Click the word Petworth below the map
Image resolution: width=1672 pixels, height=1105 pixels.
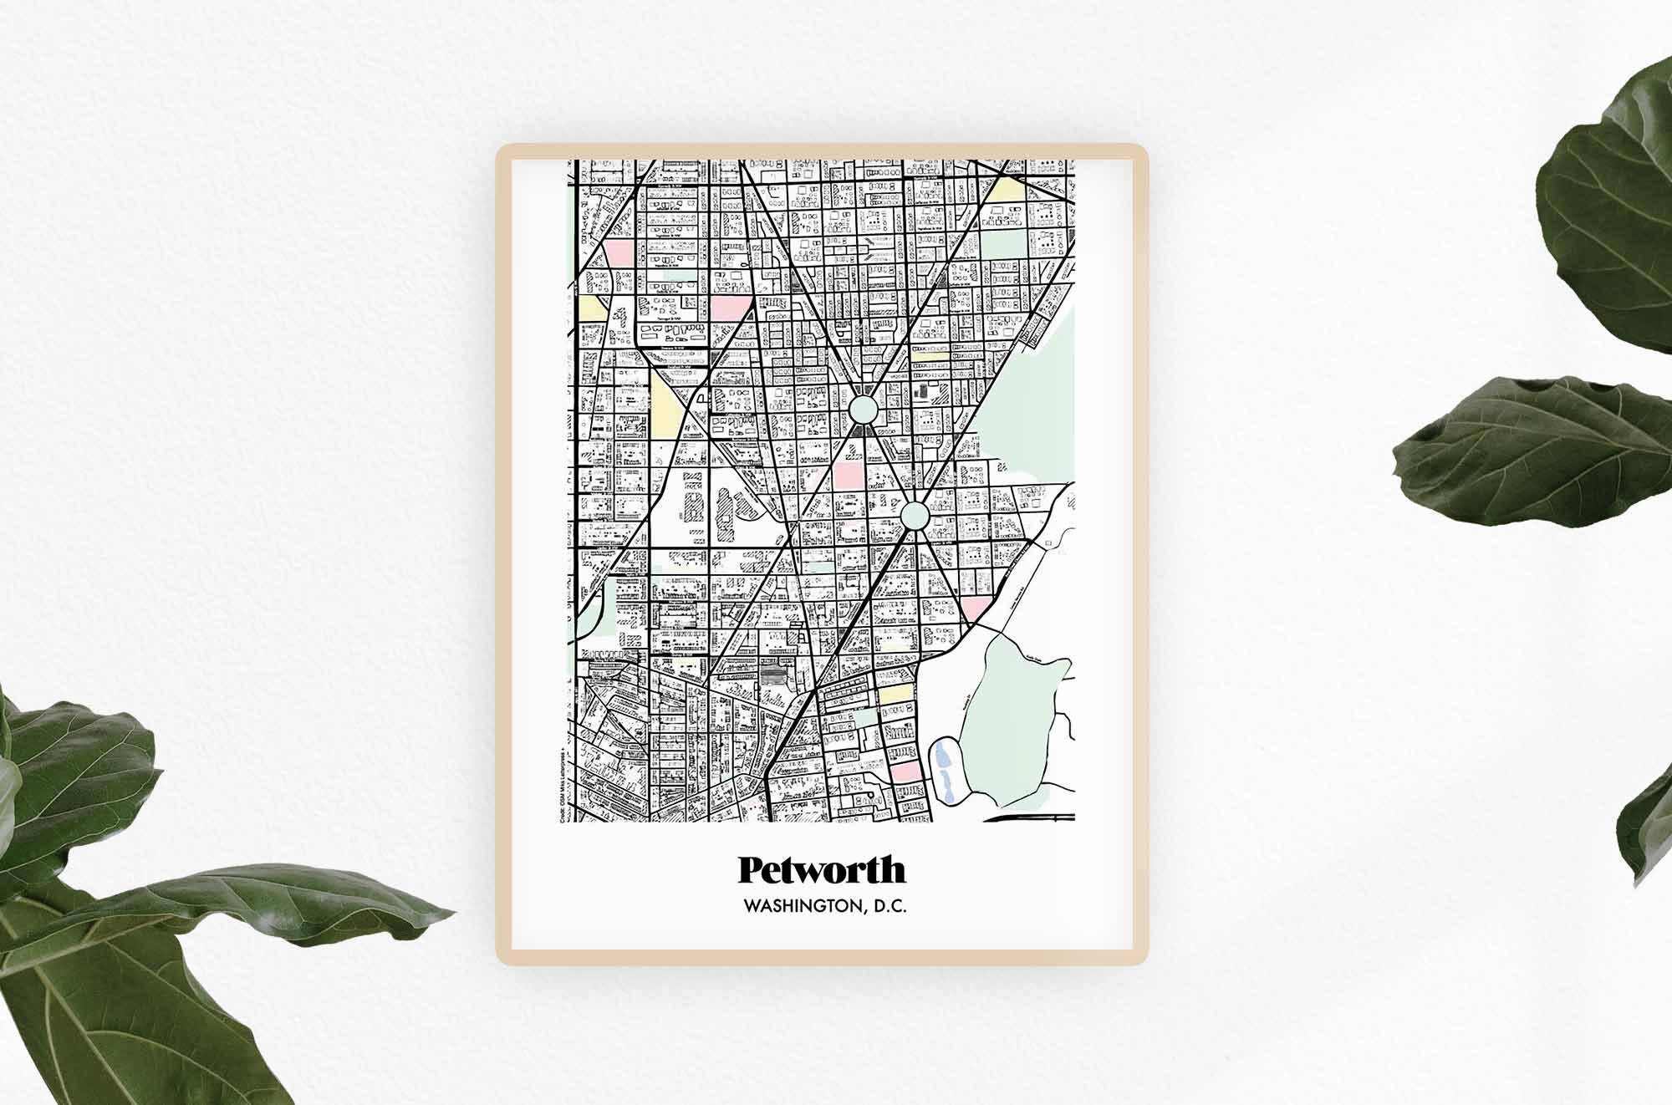[821, 870]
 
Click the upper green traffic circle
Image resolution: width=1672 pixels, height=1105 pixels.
[864, 410]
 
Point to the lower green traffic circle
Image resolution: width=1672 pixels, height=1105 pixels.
[915, 515]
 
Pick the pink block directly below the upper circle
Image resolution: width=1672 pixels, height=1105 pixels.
[844, 473]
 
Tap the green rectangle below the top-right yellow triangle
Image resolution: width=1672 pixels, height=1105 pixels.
[1003, 244]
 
